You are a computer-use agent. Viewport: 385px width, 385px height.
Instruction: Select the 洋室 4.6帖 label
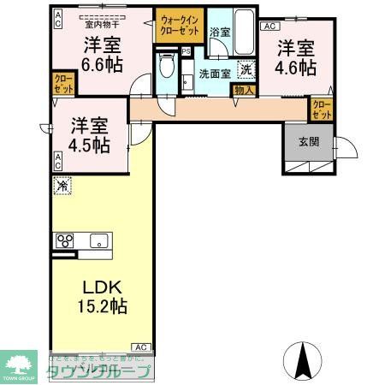point(296,57)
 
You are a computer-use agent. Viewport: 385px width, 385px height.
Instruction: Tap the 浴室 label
point(220,32)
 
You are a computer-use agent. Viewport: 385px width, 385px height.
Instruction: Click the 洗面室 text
point(216,74)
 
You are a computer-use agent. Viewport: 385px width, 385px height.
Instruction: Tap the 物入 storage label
point(244,90)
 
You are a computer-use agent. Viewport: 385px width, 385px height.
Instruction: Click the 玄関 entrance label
point(309,143)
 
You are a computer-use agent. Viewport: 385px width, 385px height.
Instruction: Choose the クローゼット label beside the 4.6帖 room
point(322,110)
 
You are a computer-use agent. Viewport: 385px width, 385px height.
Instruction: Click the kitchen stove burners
point(65,240)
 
